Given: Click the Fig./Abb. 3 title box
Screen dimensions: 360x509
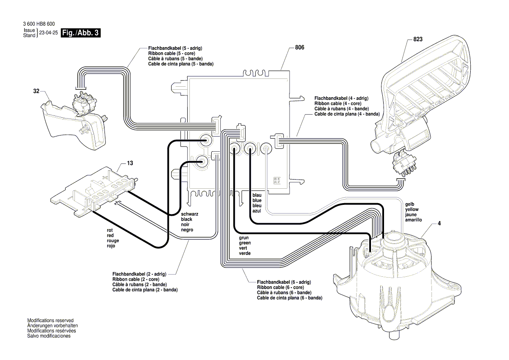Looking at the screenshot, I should [x=81, y=33].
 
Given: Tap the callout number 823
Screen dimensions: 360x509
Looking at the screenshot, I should [x=418, y=39].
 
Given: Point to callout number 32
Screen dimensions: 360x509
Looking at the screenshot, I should [x=36, y=92].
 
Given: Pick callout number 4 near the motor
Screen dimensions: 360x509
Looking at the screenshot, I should [x=439, y=224].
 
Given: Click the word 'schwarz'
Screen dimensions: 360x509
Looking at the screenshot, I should [x=189, y=214].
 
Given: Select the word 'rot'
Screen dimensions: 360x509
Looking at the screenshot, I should [x=110, y=230].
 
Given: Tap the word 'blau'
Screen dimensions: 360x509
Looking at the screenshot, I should [x=257, y=195].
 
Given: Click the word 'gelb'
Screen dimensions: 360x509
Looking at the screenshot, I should [x=410, y=204].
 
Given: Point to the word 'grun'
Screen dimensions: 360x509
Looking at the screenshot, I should [x=244, y=238].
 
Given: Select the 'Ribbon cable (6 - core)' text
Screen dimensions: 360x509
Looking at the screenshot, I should [x=280, y=288].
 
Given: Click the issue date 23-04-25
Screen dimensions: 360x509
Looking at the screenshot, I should [x=48, y=33].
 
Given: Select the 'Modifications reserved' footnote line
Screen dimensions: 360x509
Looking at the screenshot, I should [x=51, y=320].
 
